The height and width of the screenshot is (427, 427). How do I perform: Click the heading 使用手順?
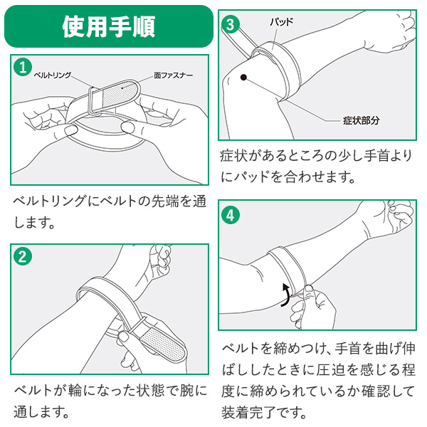pos(107,26)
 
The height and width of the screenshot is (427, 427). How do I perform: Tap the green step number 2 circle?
pos(23,257)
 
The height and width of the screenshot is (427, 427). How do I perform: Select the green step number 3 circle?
pos(229,24)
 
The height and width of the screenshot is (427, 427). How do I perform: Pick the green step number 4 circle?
pos(230,213)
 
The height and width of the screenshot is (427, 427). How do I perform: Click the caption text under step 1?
pos(107,212)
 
